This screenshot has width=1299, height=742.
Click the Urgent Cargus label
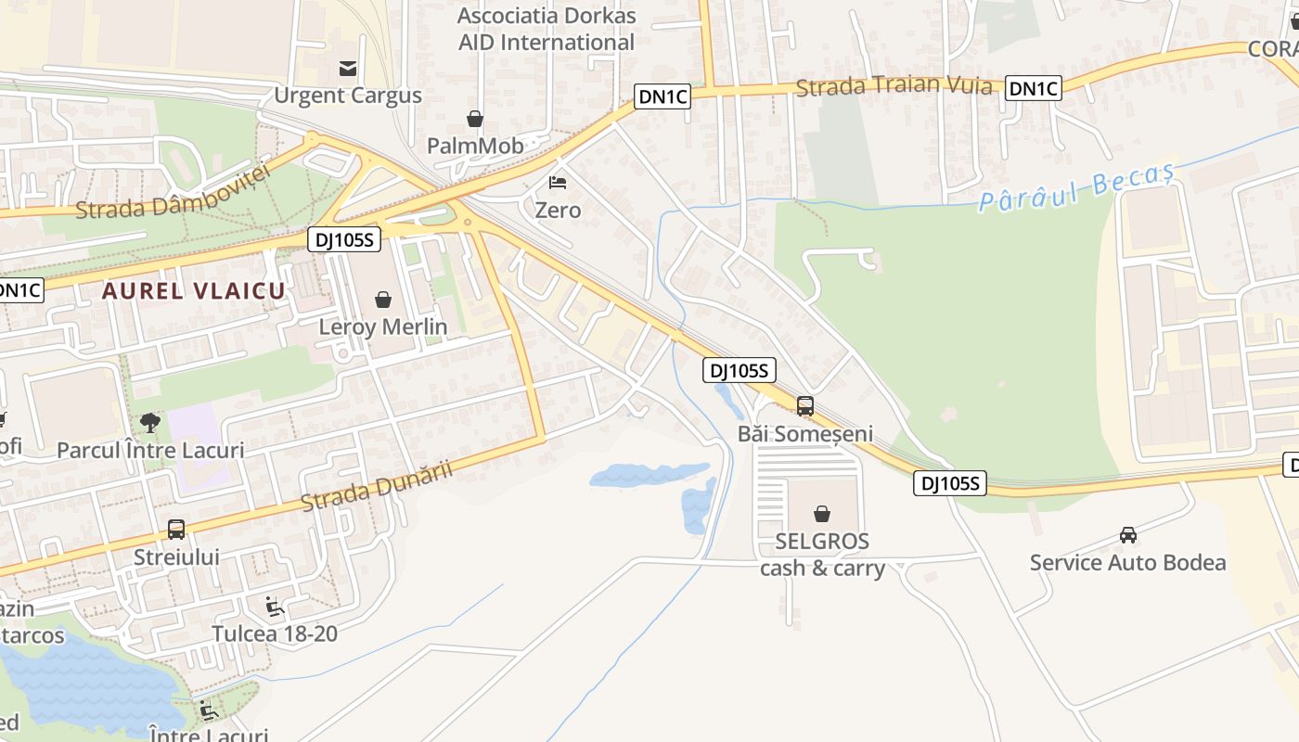(x=347, y=96)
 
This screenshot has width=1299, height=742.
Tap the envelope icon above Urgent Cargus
(x=348, y=68)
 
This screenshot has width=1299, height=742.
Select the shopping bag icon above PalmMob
(x=475, y=119)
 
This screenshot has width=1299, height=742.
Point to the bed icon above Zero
(x=558, y=183)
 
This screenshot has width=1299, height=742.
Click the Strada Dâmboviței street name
(x=173, y=193)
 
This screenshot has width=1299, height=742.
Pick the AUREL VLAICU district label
(x=193, y=290)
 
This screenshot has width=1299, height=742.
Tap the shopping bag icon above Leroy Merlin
(x=382, y=300)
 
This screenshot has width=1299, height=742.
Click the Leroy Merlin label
(x=382, y=326)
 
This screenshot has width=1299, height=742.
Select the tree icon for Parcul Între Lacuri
(x=149, y=423)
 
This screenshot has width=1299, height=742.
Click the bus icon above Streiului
(x=176, y=530)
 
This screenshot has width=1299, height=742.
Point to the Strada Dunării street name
(x=377, y=485)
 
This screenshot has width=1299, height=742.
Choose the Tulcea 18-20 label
(x=275, y=634)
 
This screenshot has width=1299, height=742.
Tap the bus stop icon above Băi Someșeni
(x=804, y=406)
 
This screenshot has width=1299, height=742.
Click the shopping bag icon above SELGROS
(x=821, y=514)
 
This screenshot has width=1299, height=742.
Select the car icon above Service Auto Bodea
(x=1127, y=535)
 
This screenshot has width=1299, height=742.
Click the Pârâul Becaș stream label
(x=1076, y=189)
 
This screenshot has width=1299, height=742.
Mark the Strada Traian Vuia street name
(x=894, y=86)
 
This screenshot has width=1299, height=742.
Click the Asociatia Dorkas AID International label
(x=547, y=29)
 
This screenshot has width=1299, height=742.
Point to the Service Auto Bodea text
(x=1127, y=562)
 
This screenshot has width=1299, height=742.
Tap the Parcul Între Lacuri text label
(x=150, y=451)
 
